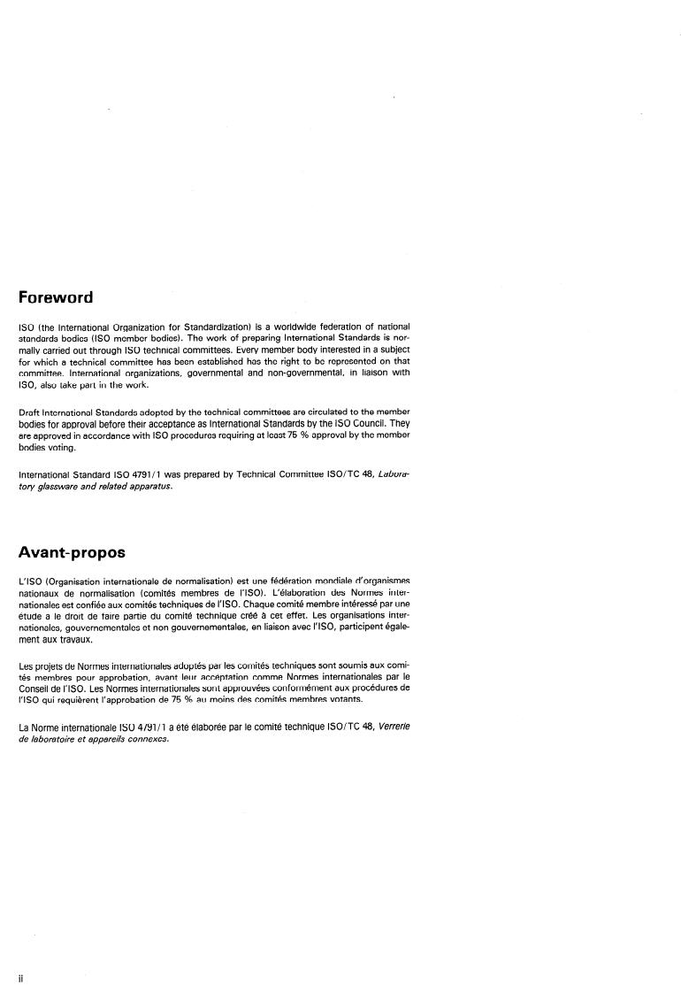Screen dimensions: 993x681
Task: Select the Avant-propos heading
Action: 72,552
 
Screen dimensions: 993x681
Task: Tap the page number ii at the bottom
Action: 20,978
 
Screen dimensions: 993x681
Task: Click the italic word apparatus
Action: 146,486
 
